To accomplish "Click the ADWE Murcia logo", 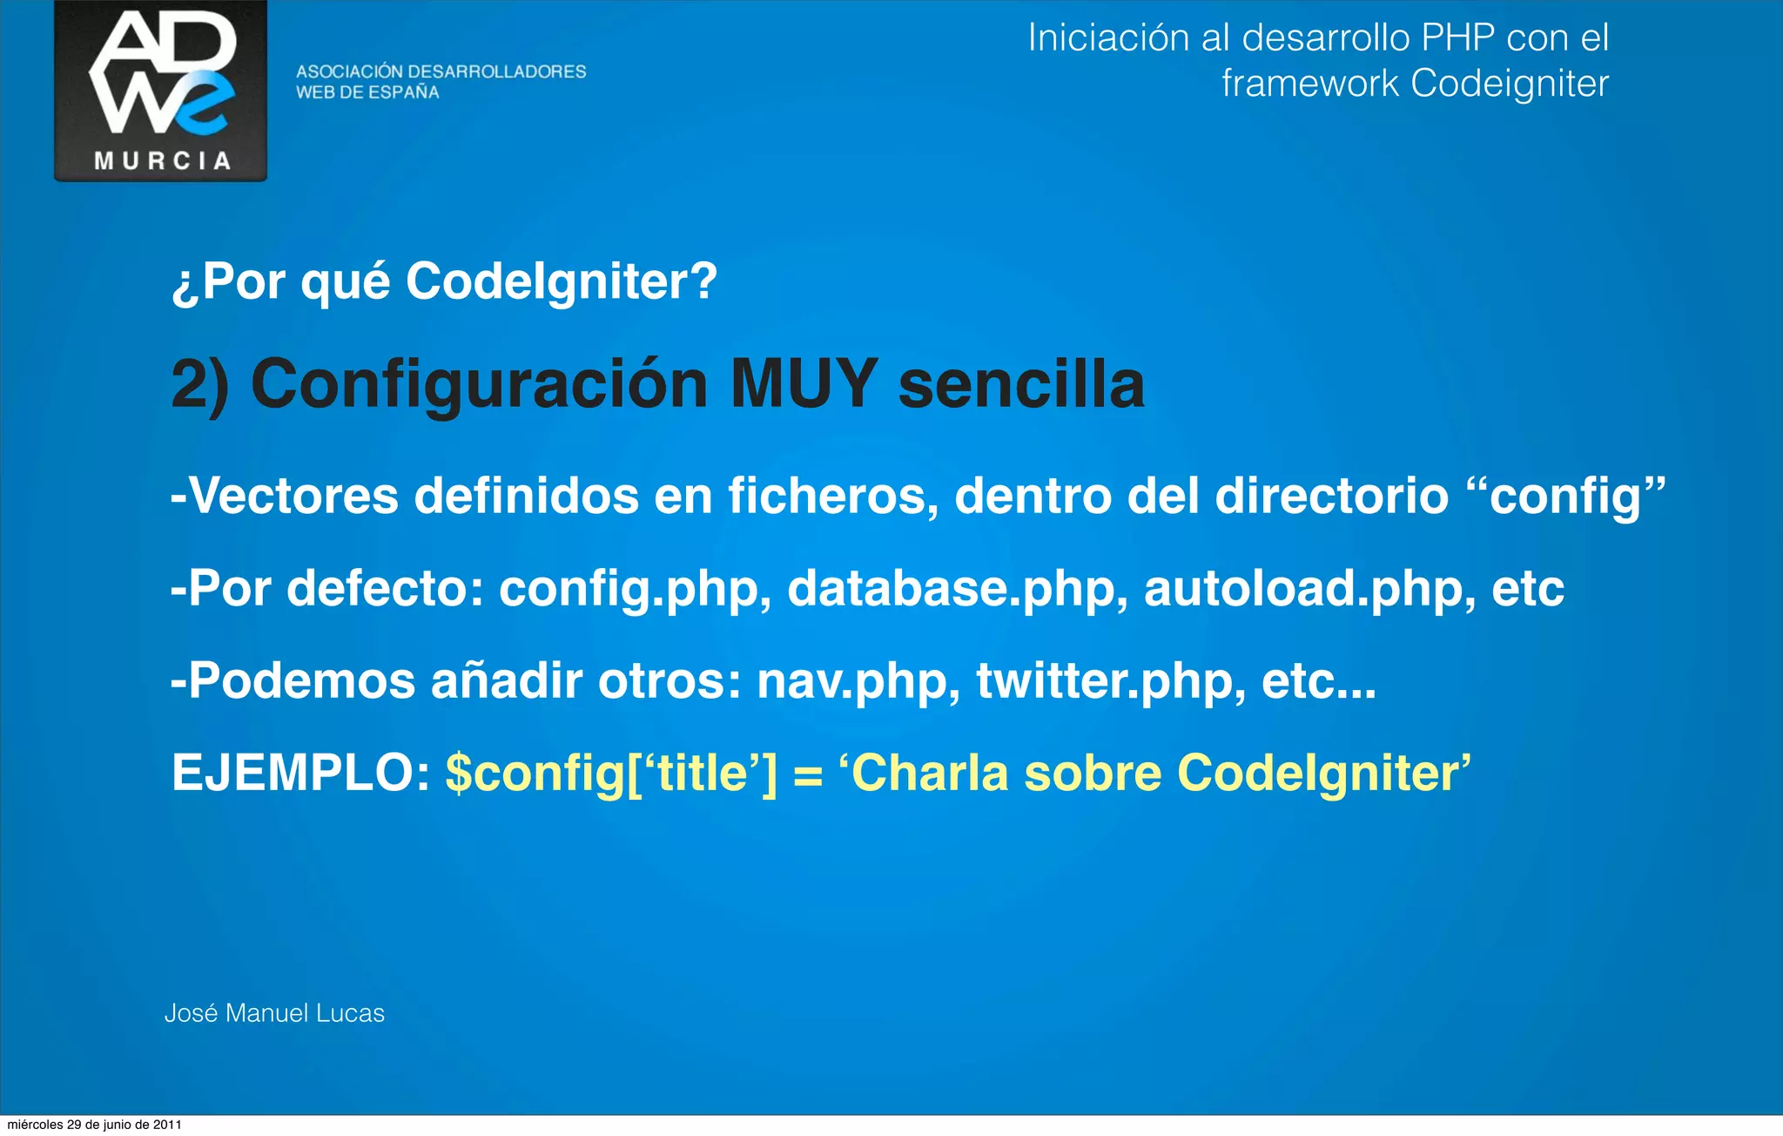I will tap(161, 91).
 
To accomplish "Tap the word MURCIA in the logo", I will tap(162, 161).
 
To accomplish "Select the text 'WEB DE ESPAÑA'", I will tap(367, 92).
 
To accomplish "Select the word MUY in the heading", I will tap(803, 383).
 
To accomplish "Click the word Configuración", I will tap(479, 385).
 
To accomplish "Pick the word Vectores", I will tap(293, 496).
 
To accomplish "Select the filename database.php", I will tap(952, 588).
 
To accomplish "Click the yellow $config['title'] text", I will tap(610, 773).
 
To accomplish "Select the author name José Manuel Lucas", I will tap(274, 1013).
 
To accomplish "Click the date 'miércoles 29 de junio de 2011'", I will tap(94, 1125).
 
